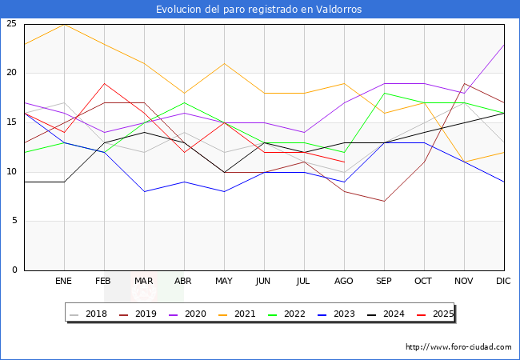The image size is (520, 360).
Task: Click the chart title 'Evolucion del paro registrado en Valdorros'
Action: click(x=259, y=10)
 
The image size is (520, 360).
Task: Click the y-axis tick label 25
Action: click(x=11, y=24)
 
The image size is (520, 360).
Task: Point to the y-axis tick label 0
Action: click(x=14, y=270)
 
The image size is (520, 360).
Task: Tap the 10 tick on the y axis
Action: click(x=11, y=172)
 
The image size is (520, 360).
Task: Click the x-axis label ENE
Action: click(x=64, y=282)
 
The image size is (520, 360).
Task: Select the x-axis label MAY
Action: click(x=224, y=282)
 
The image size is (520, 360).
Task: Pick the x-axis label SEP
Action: click(x=384, y=282)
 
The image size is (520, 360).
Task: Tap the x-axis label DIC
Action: click(x=503, y=282)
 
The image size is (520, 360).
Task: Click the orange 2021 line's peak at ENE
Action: click(x=64, y=24)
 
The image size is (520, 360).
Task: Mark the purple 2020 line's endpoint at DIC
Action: click(x=504, y=44)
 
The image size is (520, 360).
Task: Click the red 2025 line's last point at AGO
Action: click(x=344, y=162)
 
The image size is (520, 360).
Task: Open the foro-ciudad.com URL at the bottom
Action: click(x=458, y=347)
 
